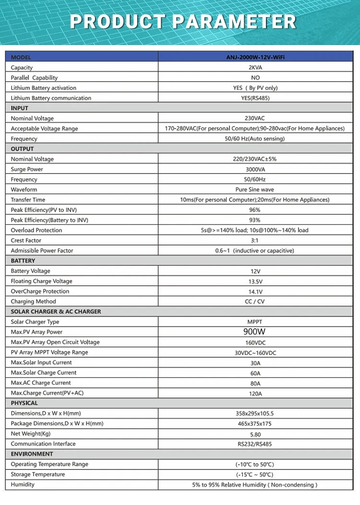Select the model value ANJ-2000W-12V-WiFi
click(x=255, y=57)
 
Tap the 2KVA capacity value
click(x=255, y=68)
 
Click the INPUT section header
click(x=20, y=108)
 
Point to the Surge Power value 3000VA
click(x=255, y=169)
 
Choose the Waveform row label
click(x=24, y=189)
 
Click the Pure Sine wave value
click(x=255, y=189)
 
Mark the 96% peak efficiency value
click(x=255, y=210)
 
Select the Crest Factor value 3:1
click(x=255, y=240)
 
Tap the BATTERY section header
click(x=23, y=261)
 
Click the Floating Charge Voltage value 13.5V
click(x=255, y=282)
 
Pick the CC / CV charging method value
click(x=255, y=302)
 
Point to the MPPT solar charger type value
click(x=255, y=322)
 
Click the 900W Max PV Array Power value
click(x=255, y=332)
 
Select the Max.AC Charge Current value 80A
click(x=255, y=383)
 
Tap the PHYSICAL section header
click(x=24, y=403)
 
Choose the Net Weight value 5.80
click(x=255, y=434)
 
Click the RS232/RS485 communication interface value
click(x=255, y=444)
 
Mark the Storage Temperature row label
click(x=38, y=474)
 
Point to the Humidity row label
click(x=23, y=484)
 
